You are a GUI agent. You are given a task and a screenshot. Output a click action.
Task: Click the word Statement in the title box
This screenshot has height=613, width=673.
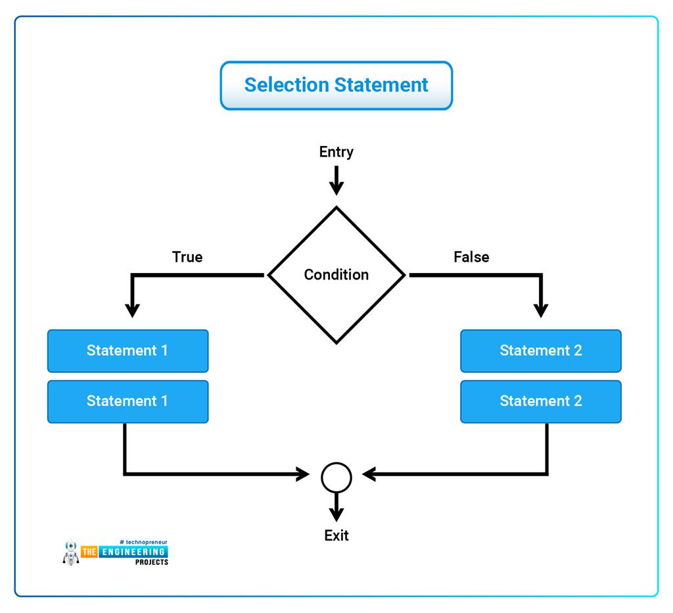[x=382, y=85]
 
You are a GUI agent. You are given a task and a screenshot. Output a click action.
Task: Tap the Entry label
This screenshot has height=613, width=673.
[x=336, y=152]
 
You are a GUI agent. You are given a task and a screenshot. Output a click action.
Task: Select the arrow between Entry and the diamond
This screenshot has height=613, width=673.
[x=336, y=180]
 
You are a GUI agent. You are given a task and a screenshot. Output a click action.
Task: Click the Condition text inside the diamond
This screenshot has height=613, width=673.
[x=336, y=275]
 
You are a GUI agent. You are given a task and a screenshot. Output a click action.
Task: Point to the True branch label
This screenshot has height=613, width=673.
[x=187, y=257]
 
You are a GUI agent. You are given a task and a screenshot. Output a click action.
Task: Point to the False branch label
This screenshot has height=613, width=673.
[x=471, y=257]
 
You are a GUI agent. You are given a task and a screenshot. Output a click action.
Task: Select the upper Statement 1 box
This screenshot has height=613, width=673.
[x=128, y=351]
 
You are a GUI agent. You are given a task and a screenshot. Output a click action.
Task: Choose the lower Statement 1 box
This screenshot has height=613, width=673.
[x=128, y=401]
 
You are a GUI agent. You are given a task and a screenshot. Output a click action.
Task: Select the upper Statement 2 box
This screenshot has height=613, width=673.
[x=540, y=351]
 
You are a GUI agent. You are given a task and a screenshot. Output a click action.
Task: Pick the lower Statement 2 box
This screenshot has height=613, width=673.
[x=540, y=401]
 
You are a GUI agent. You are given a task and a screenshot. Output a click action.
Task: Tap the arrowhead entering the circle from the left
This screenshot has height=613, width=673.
[x=304, y=474]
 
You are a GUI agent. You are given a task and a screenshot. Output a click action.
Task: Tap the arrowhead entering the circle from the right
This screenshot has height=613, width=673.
[x=369, y=474]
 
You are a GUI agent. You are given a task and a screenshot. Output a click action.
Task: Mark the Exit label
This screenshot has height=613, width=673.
[x=336, y=535]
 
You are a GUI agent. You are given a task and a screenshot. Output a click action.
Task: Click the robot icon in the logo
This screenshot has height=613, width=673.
[x=70, y=552]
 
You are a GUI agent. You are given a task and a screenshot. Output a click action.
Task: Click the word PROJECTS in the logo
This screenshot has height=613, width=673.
[x=151, y=562]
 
